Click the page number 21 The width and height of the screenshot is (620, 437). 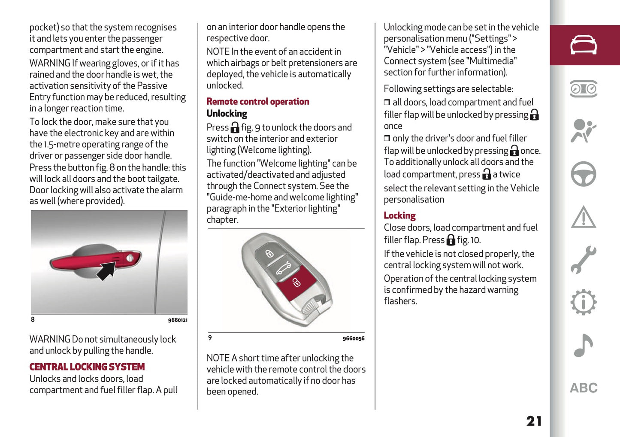(534, 421)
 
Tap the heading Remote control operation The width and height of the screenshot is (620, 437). (258, 102)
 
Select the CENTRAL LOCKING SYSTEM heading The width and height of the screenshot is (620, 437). (87, 367)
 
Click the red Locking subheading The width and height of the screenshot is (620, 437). (399, 215)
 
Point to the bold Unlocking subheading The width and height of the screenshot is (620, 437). (227, 114)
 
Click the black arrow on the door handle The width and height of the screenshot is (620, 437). (106, 270)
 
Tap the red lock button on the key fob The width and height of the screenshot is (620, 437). (296, 282)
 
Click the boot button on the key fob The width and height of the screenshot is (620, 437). (283, 268)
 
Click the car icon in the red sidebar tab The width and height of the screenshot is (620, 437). (583, 45)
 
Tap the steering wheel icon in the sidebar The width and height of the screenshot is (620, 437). (583, 174)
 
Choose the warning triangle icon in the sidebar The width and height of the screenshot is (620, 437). (583, 217)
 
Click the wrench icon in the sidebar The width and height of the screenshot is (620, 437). (583, 259)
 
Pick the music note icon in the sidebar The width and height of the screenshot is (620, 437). (583, 345)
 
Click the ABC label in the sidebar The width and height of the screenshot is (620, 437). (584, 388)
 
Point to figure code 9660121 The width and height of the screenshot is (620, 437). (178, 320)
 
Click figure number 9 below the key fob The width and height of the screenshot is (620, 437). (210, 338)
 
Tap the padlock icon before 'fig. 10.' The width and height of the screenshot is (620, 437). (451, 240)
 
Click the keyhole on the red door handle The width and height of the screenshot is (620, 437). (130, 258)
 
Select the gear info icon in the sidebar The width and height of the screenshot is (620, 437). (583, 302)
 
